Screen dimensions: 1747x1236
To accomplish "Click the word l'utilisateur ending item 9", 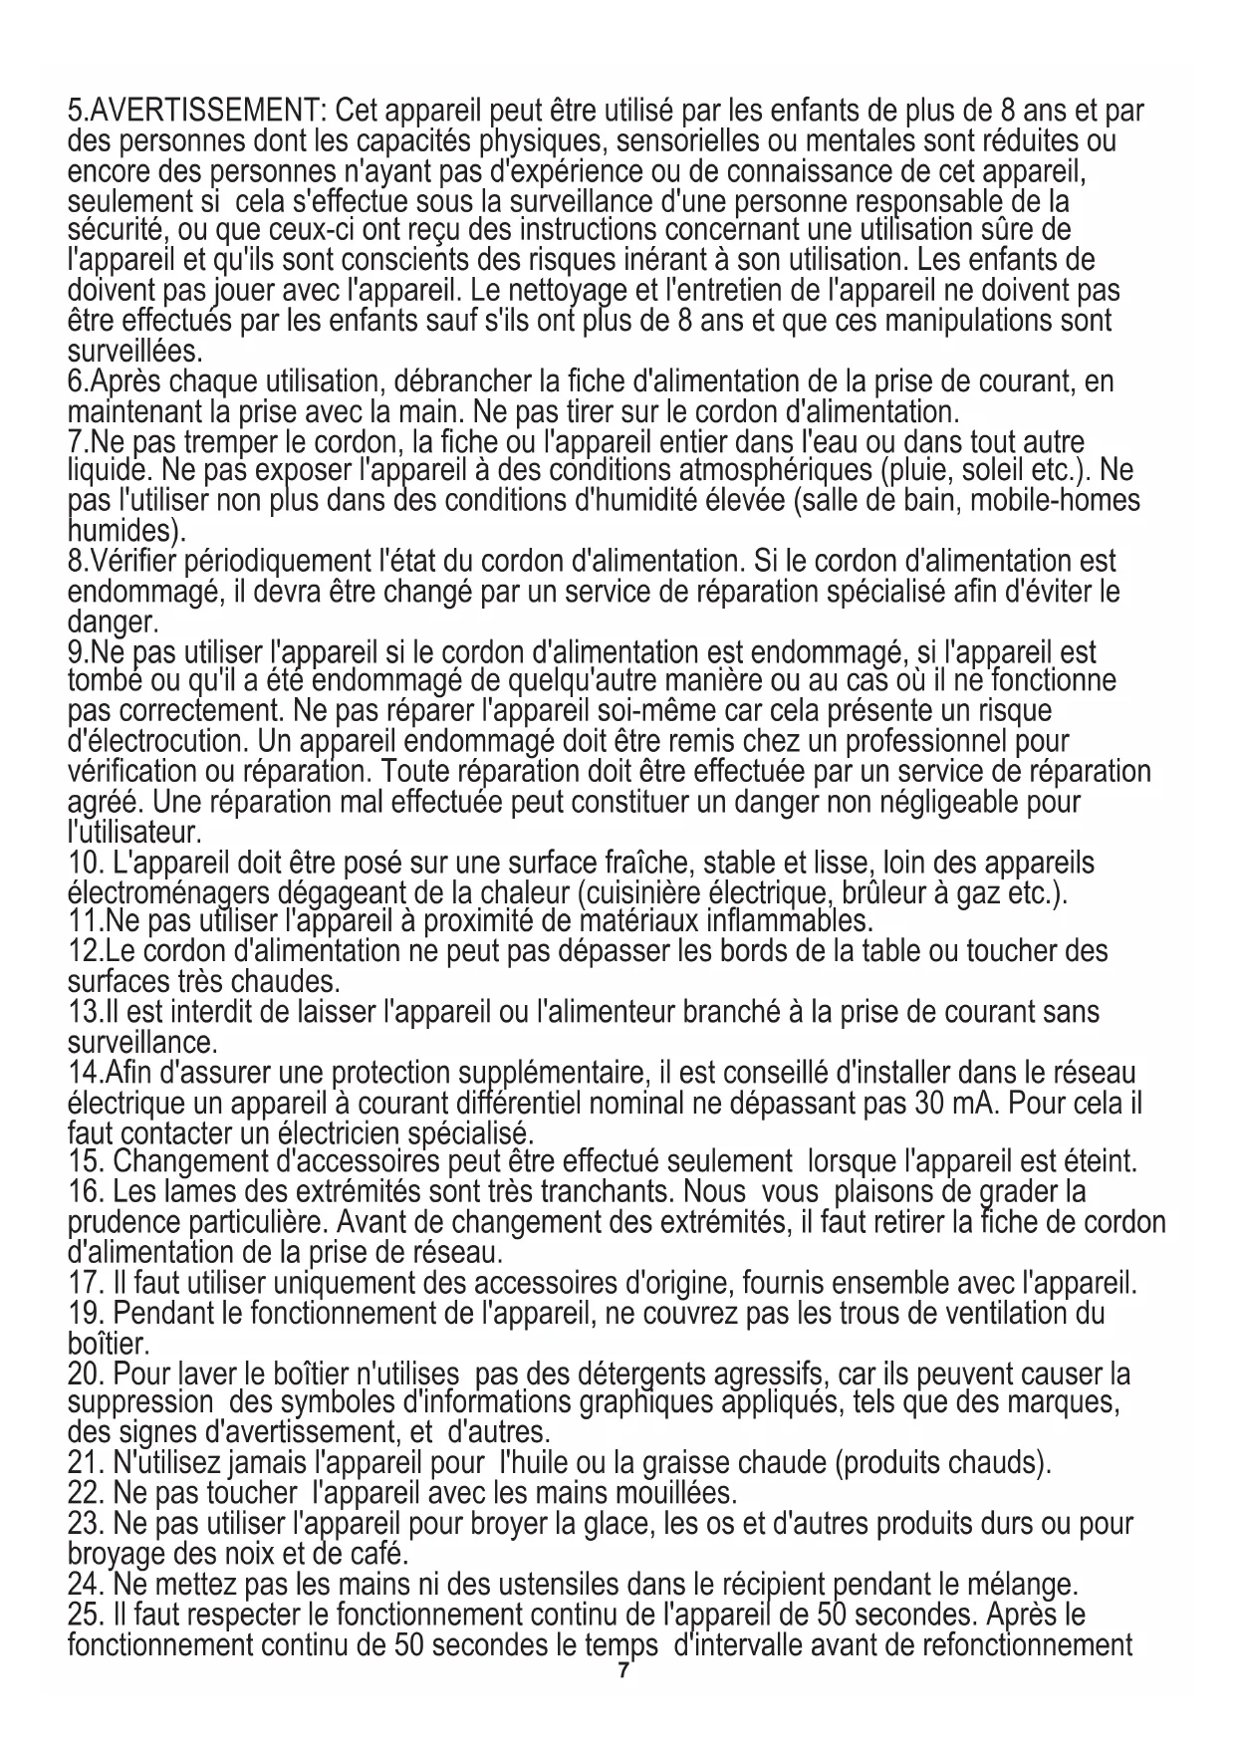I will pyautogui.click(x=134, y=830).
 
